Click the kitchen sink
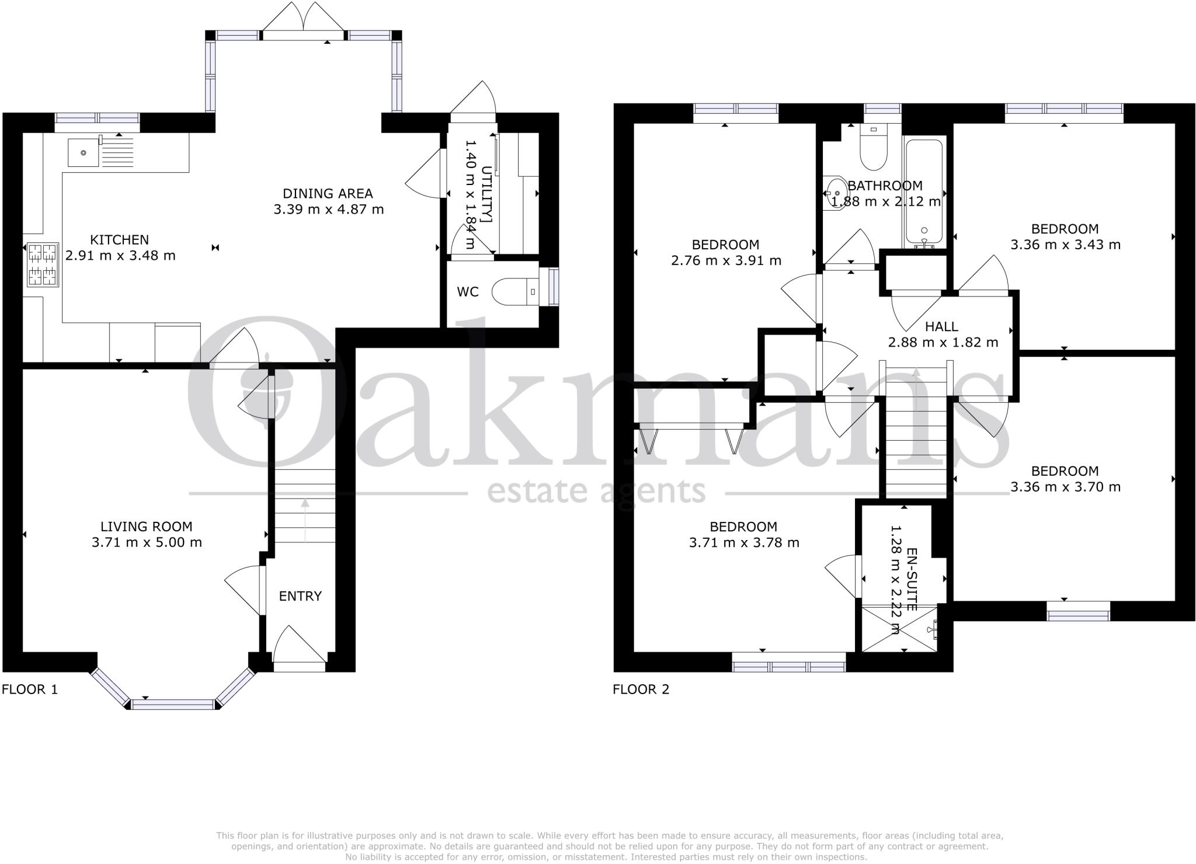(84, 152)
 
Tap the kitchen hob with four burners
(43, 264)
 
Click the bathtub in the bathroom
(924, 193)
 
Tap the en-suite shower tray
(900, 629)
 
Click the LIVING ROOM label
(147, 527)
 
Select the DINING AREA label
(328, 193)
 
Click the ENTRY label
(300, 596)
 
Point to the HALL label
(942, 326)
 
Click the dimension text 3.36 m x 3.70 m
(1065, 487)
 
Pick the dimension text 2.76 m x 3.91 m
(726, 260)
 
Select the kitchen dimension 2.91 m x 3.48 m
(120, 255)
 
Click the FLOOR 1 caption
(30, 689)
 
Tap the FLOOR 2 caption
(641, 689)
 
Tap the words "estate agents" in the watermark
(596, 491)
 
